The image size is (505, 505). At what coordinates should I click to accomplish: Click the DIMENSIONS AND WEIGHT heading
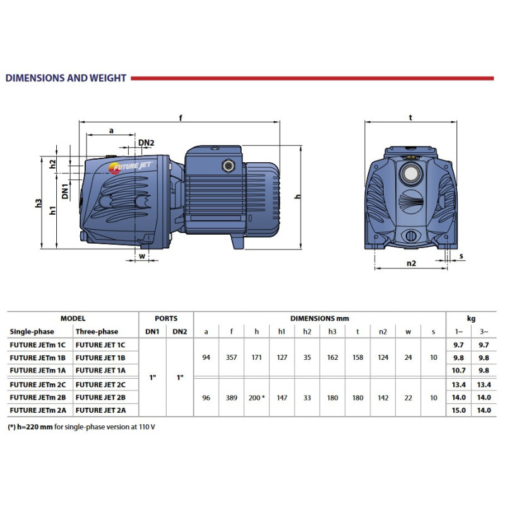click(x=66, y=78)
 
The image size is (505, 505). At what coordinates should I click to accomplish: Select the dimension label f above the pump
click(x=181, y=117)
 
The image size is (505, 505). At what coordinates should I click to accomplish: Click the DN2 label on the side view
click(x=146, y=143)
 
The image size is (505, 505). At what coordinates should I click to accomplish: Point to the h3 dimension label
click(x=39, y=203)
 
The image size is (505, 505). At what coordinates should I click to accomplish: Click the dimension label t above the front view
click(x=410, y=117)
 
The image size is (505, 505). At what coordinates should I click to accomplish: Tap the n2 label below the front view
click(x=411, y=263)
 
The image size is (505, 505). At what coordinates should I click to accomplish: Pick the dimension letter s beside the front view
click(x=461, y=256)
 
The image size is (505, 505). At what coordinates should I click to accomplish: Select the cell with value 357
click(x=232, y=357)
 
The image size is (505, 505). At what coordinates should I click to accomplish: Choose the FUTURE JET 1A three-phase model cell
click(x=100, y=370)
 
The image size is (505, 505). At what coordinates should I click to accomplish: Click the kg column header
click(x=472, y=319)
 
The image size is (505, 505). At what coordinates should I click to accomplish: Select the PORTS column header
click(x=166, y=319)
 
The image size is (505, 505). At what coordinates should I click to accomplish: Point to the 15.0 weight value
click(x=459, y=411)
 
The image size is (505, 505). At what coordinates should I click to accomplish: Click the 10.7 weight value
click(x=459, y=370)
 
